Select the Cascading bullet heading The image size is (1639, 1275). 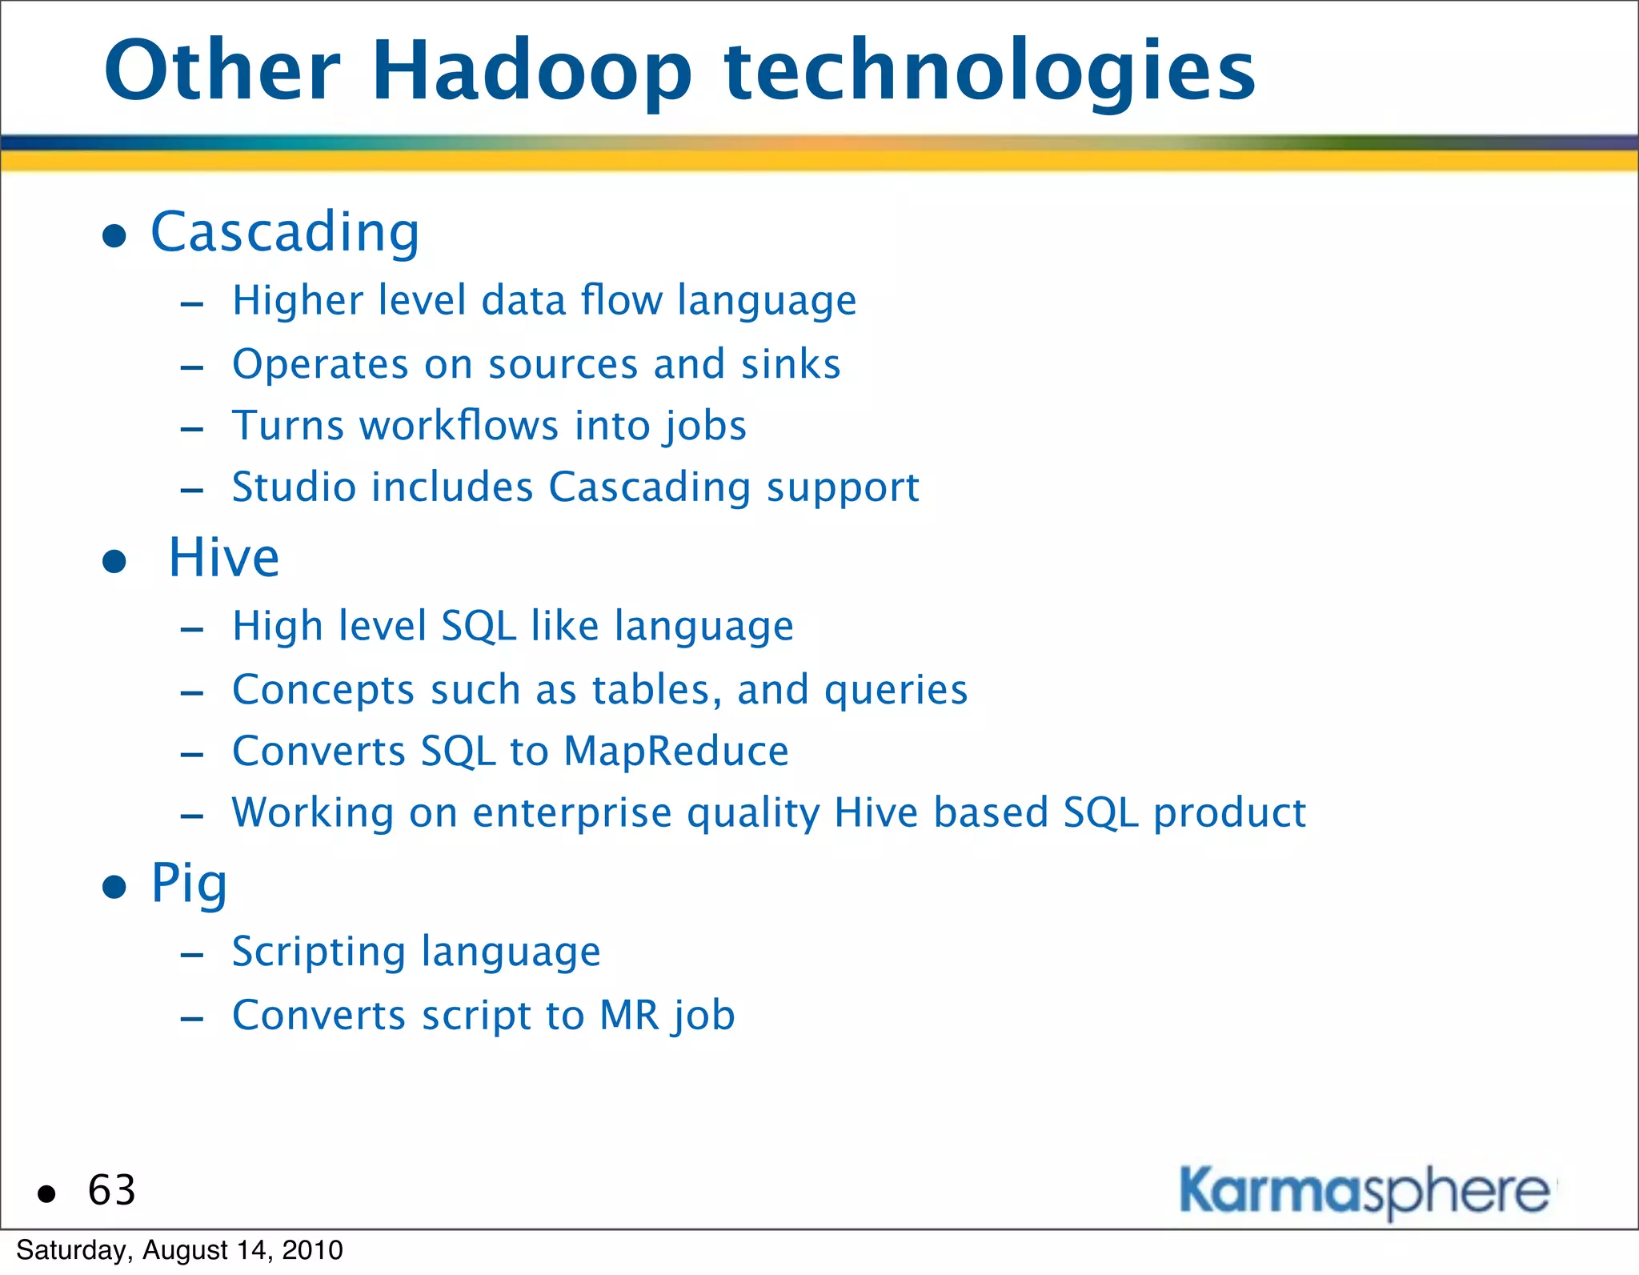coord(285,233)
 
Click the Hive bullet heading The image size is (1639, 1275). coord(224,558)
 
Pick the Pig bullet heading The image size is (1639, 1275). coord(190,884)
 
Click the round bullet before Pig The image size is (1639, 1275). coord(114,887)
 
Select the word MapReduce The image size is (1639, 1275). coord(675,752)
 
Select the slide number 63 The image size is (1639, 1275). coord(112,1190)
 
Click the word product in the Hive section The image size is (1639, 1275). coord(1229,813)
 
